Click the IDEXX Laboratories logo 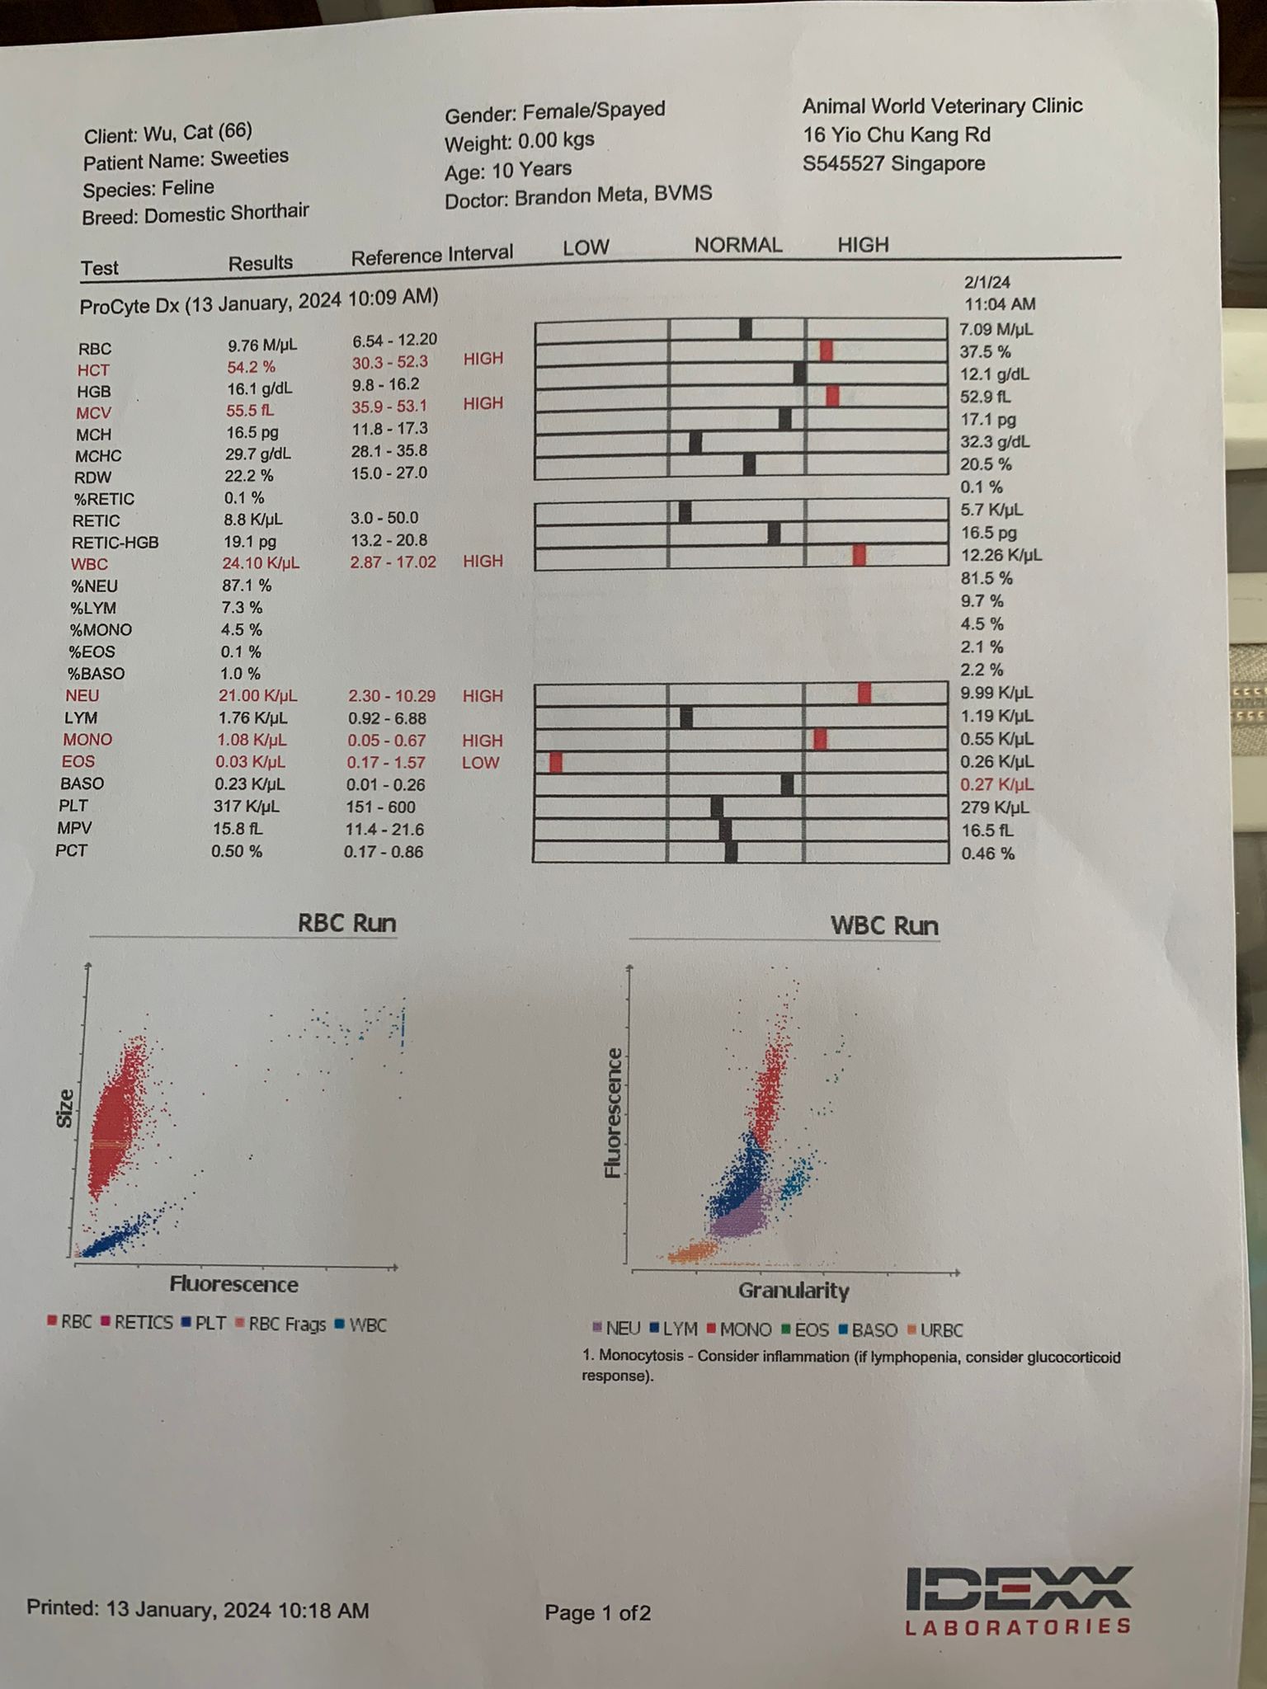pyautogui.click(x=1018, y=1600)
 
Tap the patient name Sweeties pyautogui.click(x=249, y=157)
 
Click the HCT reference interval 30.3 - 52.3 pyautogui.click(x=390, y=362)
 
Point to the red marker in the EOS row pyautogui.click(x=555, y=762)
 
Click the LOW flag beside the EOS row pyautogui.click(x=480, y=763)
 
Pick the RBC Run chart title pyautogui.click(x=346, y=923)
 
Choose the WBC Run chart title pyautogui.click(x=883, y=925)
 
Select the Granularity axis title pyautogui.click(x=794, y=1291)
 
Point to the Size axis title pyautogui.click(x=64, y=1108)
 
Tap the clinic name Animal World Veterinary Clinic pyautogui.click(x=942, y=106)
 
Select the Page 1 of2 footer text pyautogui.click(x=597, y=1612)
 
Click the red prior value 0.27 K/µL pyautogui.click(x=996, y=784)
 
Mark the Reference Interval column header pyautogui.click(x=431, y=255)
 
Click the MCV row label pyautogui.click(x=93, y=412)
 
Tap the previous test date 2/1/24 pyautogui.click(x=987, y=282)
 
